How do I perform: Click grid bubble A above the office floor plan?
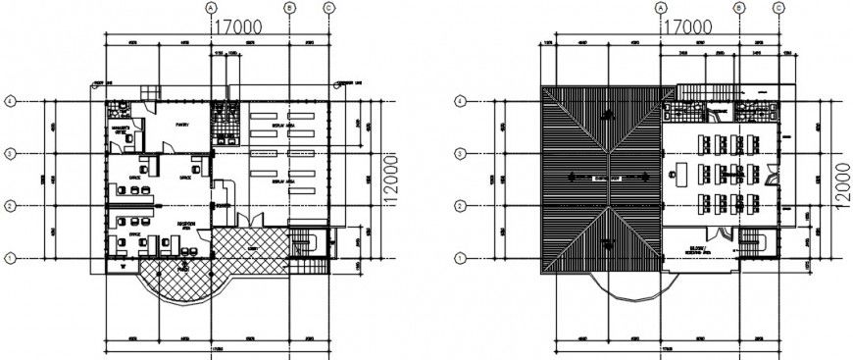point(210,8)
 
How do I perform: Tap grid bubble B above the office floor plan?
point(289,8)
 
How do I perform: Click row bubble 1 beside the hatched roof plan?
point(460,258)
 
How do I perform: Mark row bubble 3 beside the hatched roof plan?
point(460,153)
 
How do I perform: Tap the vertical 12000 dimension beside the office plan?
point(389,180)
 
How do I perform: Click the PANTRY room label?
point(182,127)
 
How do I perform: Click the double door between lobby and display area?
point(253,218)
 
